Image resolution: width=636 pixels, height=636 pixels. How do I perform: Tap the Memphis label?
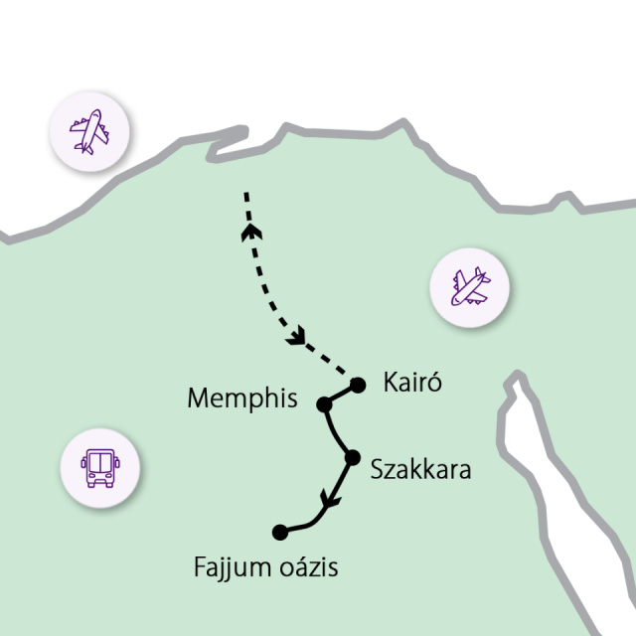coord(242,399)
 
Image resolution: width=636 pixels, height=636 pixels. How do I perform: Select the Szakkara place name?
coord(419,468)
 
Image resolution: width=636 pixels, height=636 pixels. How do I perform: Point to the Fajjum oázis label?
coord(265,568)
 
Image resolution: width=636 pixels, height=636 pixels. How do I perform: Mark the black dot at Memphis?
coord(323,403)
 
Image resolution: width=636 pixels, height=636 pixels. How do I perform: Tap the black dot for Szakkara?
coord(351,457)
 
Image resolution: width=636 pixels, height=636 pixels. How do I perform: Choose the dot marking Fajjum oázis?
coord(280,532)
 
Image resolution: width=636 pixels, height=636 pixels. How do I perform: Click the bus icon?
coord(98,464)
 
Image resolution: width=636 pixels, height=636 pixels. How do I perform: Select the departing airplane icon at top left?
coord(89,131)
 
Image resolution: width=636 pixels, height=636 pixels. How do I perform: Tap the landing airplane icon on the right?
coord(469,289)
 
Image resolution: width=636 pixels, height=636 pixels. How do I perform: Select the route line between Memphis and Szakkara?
coord(335,433)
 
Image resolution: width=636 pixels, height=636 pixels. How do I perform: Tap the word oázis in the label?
coord(307,568)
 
